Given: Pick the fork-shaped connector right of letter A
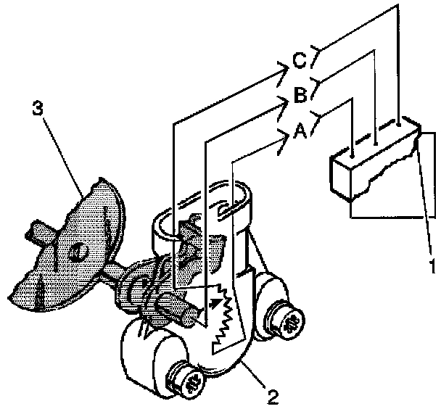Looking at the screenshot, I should click(x=319, y=115).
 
